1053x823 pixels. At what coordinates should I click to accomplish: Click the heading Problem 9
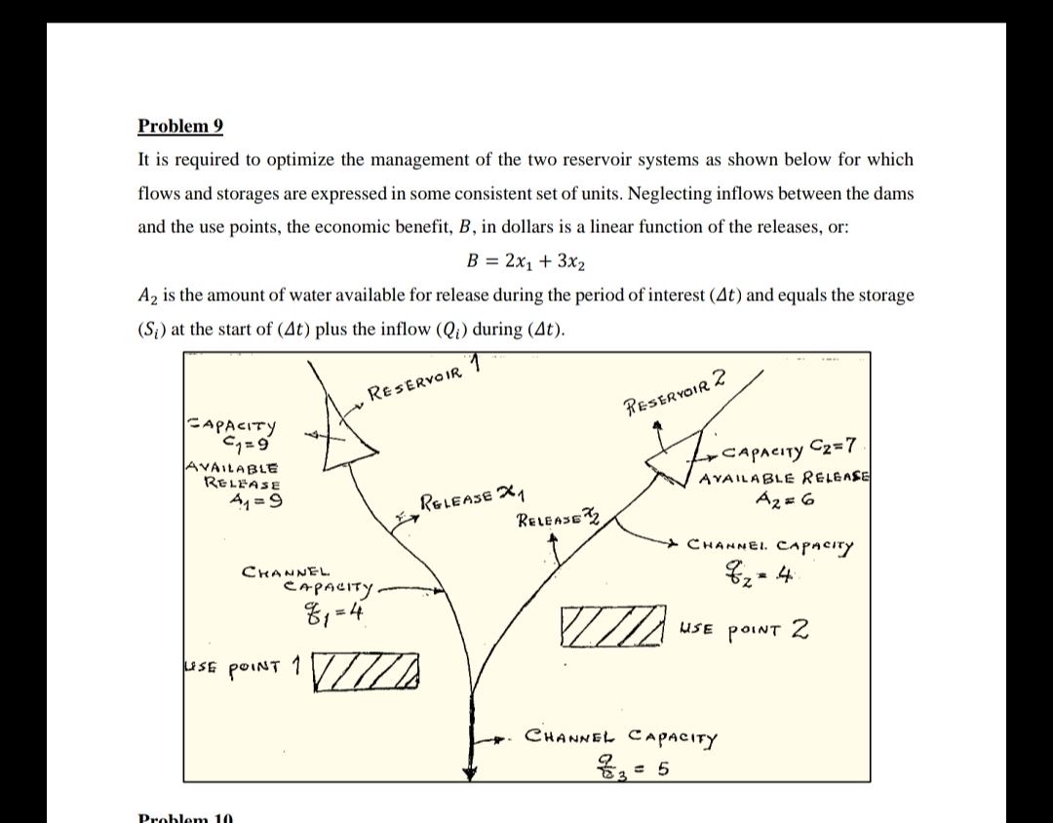(180, 126)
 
